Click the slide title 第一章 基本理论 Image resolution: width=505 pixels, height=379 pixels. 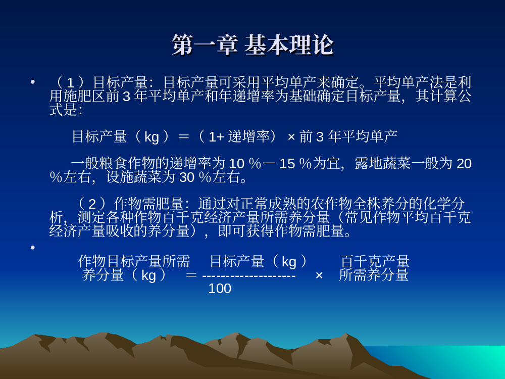(x=252, y=45)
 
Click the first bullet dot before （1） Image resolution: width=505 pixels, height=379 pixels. (x=32, y=82)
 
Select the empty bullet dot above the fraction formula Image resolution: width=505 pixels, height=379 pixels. (x=32, y=248)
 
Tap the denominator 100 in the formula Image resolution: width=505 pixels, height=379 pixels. (x=220, y=289)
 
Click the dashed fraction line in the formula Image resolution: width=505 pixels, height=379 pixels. (x=249, y=276)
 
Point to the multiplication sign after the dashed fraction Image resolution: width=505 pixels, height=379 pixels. (x=319, y=275)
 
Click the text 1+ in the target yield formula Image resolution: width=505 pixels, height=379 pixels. (x=216, y=137)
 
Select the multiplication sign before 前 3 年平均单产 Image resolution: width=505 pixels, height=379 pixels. (x=291, y=137)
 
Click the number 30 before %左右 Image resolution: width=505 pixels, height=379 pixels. (x=187, y=177)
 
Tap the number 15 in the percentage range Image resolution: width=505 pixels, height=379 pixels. (x=287, y=164)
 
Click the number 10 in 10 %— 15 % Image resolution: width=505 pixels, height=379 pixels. (x=236, y=164)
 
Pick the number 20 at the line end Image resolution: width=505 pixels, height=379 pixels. (x=464, y=164)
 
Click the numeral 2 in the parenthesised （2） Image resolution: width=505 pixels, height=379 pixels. (x=92, y=204)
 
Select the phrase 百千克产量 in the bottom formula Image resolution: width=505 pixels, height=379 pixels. (x=375, y=261)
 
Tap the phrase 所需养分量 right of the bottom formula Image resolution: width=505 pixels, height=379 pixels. (x=374, y=275)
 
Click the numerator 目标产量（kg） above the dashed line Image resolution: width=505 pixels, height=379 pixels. (x=259, y=261)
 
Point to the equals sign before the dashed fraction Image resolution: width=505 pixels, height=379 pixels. (x=191, y=275)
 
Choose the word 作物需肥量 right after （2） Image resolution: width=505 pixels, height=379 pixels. (x=149, y=204)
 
